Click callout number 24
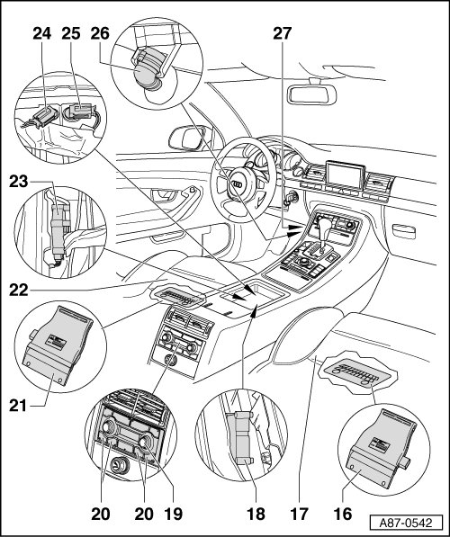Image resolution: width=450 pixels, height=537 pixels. [42, 34]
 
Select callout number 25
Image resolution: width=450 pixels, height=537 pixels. [71, 34]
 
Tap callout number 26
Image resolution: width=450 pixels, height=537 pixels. [100, 34]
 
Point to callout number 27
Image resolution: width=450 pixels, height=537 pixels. [282, 34]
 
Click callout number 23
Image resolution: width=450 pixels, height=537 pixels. [19, 182]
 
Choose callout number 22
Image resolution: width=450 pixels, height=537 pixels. [19, 290]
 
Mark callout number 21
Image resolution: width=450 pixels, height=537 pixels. [18, 406]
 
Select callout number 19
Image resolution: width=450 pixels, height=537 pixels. [174, 514]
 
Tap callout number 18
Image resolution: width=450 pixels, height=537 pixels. [256, 514]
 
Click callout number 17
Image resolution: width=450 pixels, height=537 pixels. [299, 514]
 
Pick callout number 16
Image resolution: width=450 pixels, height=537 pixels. [343, 514]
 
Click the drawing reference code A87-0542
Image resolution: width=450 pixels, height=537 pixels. [406, 524]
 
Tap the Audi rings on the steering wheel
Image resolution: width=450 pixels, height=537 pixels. [238, 184]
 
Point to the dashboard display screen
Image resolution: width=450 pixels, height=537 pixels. [346, 175]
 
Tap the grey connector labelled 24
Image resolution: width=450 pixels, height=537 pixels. [44, 116]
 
